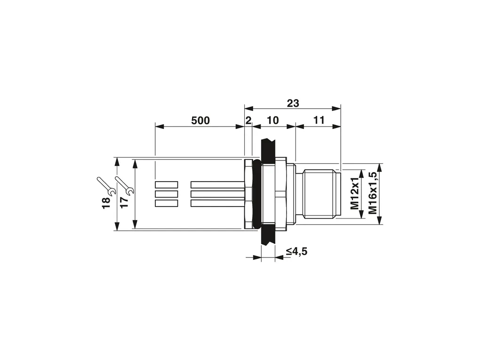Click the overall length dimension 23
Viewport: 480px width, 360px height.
click(x=293, y=103)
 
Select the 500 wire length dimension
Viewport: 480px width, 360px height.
click(x=200, y=120)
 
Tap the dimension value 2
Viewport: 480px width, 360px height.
click(x=248, y=120)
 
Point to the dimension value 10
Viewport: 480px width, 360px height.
click(x=273, y=120)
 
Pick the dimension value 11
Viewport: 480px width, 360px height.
click(x=319, y=120)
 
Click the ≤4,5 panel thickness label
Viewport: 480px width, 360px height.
click(x=296, y=252)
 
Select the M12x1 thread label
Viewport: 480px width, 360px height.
click(x=355, y=193)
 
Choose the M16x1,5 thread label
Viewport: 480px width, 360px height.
click(x=373, y=192)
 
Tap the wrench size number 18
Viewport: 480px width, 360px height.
click(x=106, y=203)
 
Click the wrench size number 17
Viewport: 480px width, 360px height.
click(x=124, y=203)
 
